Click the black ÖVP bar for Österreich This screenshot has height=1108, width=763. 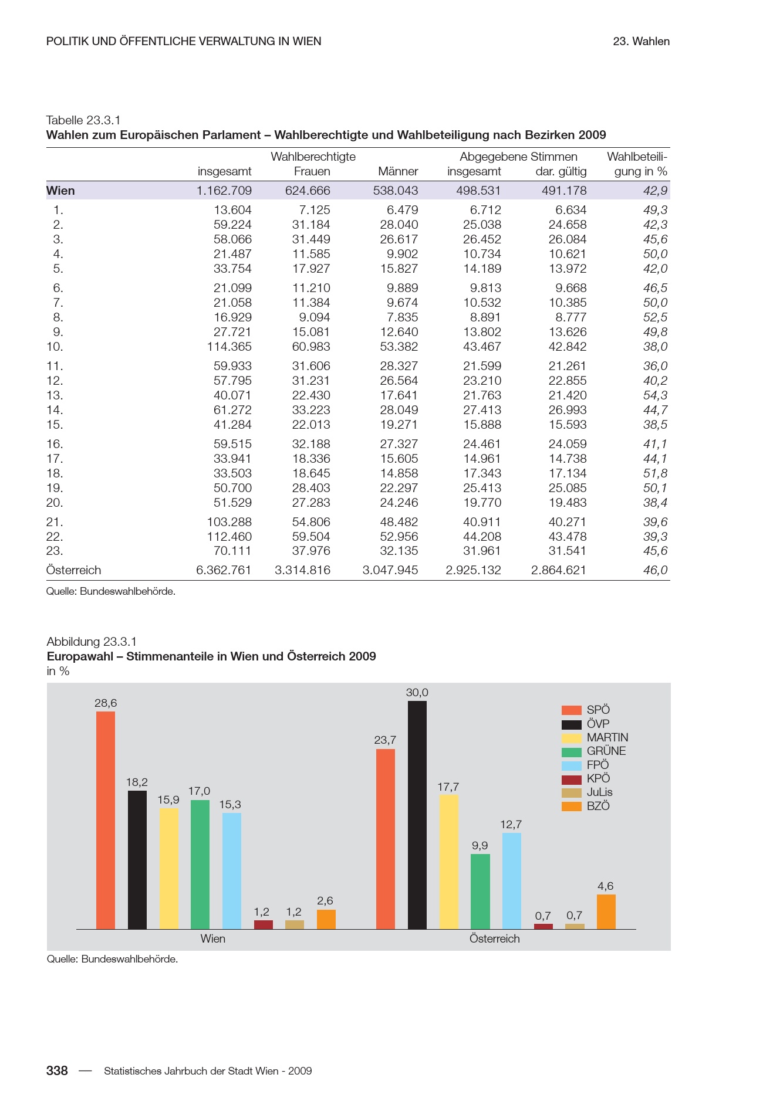[x=417, y=815]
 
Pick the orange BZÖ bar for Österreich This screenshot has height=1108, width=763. [x=606, y=912]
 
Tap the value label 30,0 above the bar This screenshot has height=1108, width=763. [x=417, y=693]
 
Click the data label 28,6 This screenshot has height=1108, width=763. [x=106, y=703]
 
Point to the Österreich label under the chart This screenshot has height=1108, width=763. [x=494, y=939]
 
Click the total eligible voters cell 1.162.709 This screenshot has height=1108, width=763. [x=224, y=191]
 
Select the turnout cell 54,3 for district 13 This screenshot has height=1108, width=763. [x=655, y=395]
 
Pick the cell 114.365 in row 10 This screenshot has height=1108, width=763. [x=229, y=347]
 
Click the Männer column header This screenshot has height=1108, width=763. [x=398, y=172]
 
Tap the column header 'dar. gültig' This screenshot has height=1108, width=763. [x=561, y=172]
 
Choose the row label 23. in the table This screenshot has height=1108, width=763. [x=55, y=551]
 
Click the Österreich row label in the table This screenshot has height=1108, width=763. [x=73, y=570]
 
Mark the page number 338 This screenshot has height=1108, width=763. [x=57, y=1070]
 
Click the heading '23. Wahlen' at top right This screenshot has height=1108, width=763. [x=641, y=42]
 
